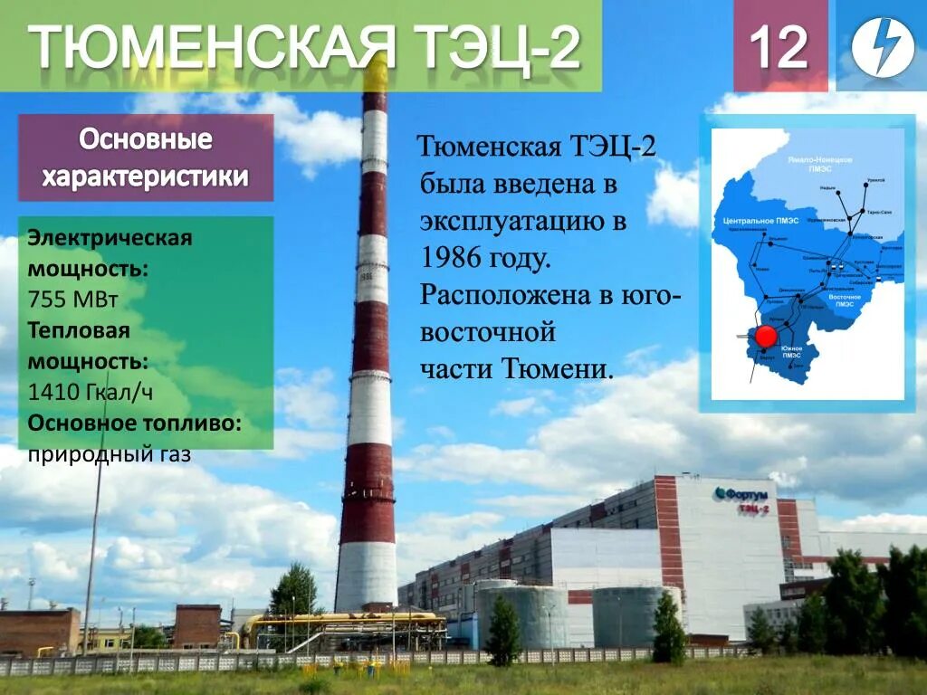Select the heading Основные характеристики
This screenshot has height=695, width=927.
point(145,158)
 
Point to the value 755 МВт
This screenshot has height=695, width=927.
point(72,300)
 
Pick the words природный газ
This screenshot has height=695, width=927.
point(109,454)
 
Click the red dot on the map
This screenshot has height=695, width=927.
point(766,337)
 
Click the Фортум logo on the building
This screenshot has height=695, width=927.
point(741,494)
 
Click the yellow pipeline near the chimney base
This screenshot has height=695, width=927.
point(344,621)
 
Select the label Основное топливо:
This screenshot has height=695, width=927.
point(134,424)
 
